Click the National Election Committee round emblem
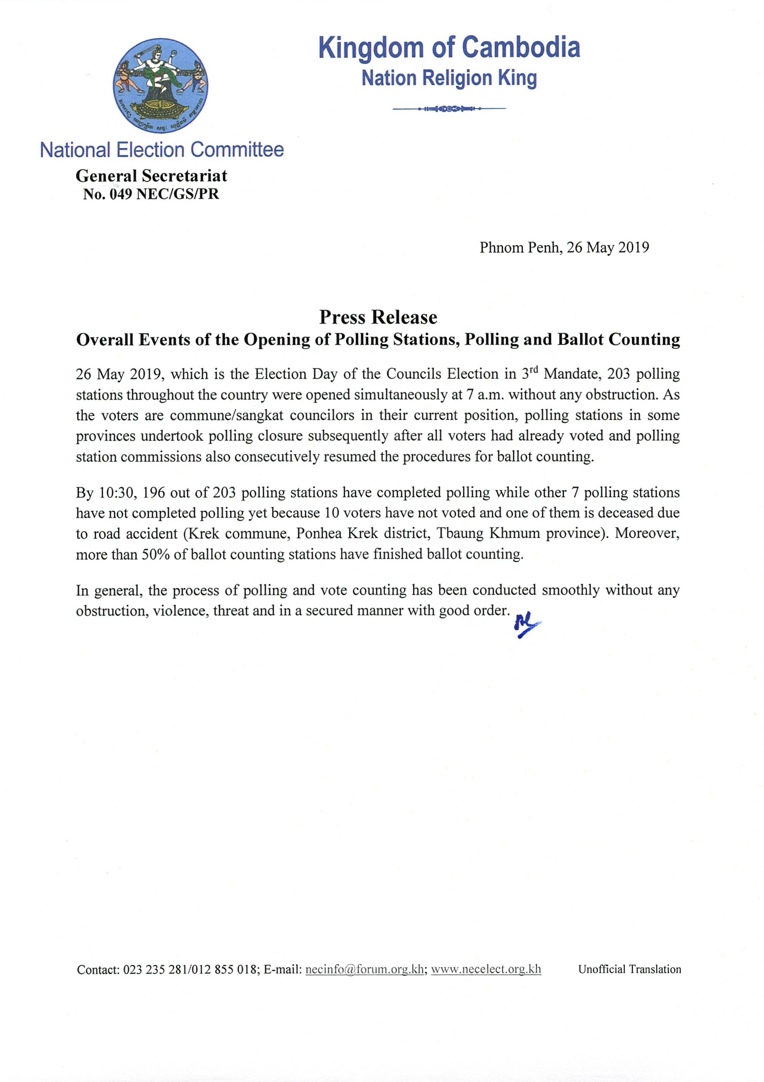coord(160,86)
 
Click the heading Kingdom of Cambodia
coord(449,48)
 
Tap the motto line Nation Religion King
coord(449,78)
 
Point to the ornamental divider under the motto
coord(449,109)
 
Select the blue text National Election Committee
coord(162,150)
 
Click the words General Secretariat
coord(152,176)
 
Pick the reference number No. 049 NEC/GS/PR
coord(151,194)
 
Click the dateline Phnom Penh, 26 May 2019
coord(564,247)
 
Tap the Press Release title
coord(378,317)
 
